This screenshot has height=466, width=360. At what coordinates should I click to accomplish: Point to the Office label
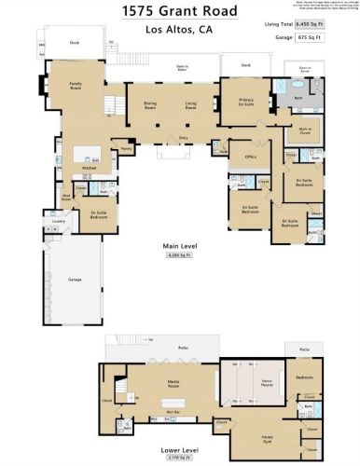250,158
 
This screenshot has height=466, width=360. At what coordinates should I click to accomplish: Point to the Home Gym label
267,437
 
